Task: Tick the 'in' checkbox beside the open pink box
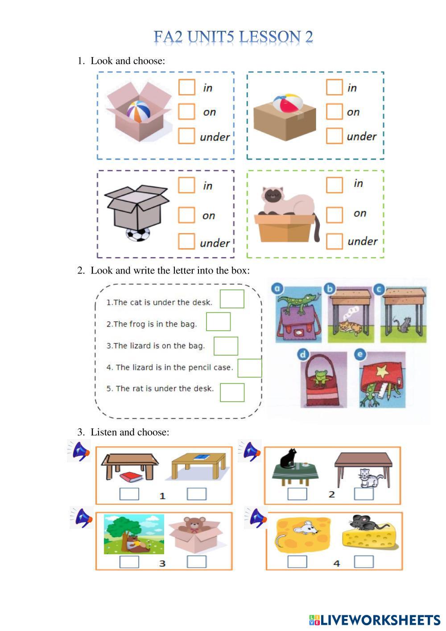[187, 87]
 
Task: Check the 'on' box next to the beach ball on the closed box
[334, 112]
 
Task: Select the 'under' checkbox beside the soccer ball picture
[186, 241]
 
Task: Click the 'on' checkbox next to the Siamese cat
[334, 214]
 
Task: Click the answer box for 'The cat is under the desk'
[232, 299]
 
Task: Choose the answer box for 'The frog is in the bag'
[218, 322]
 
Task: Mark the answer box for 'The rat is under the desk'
[232, 392]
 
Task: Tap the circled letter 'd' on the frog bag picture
[303, 355]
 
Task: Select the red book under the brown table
[131, 477]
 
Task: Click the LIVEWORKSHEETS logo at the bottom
[375, 620]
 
